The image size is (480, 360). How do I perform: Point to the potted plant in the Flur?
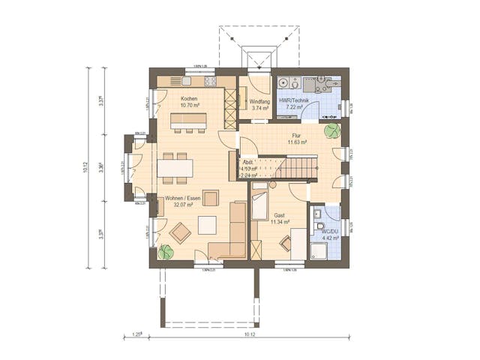coord(330,130)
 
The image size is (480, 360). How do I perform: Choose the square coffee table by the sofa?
coord(206,224)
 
